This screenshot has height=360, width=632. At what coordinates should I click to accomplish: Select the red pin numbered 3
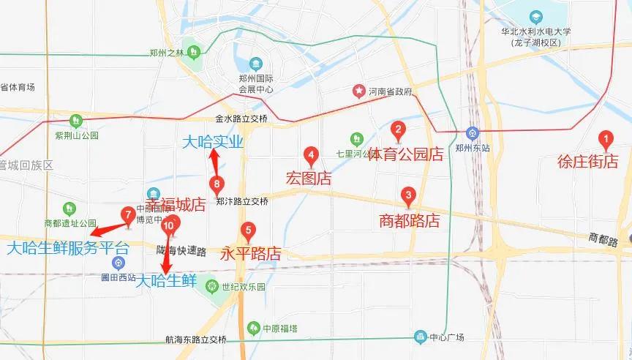pos(409,196)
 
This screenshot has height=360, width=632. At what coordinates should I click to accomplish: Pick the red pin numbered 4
pos(312,155)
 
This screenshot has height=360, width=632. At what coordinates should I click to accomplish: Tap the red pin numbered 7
pos(128,215)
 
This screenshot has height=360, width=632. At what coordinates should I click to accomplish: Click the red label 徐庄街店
pos(587,162)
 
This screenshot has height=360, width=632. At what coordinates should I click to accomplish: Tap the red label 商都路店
pos(410,220)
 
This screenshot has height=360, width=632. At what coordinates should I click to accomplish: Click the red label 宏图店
pos(308,178)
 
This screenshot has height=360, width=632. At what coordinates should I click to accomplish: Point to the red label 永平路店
pos(250,254)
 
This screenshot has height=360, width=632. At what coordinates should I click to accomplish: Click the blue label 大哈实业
pos(212,141)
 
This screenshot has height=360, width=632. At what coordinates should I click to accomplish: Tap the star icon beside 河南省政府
pos(359,91)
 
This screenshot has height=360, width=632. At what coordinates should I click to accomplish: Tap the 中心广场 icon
pos(420,337)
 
